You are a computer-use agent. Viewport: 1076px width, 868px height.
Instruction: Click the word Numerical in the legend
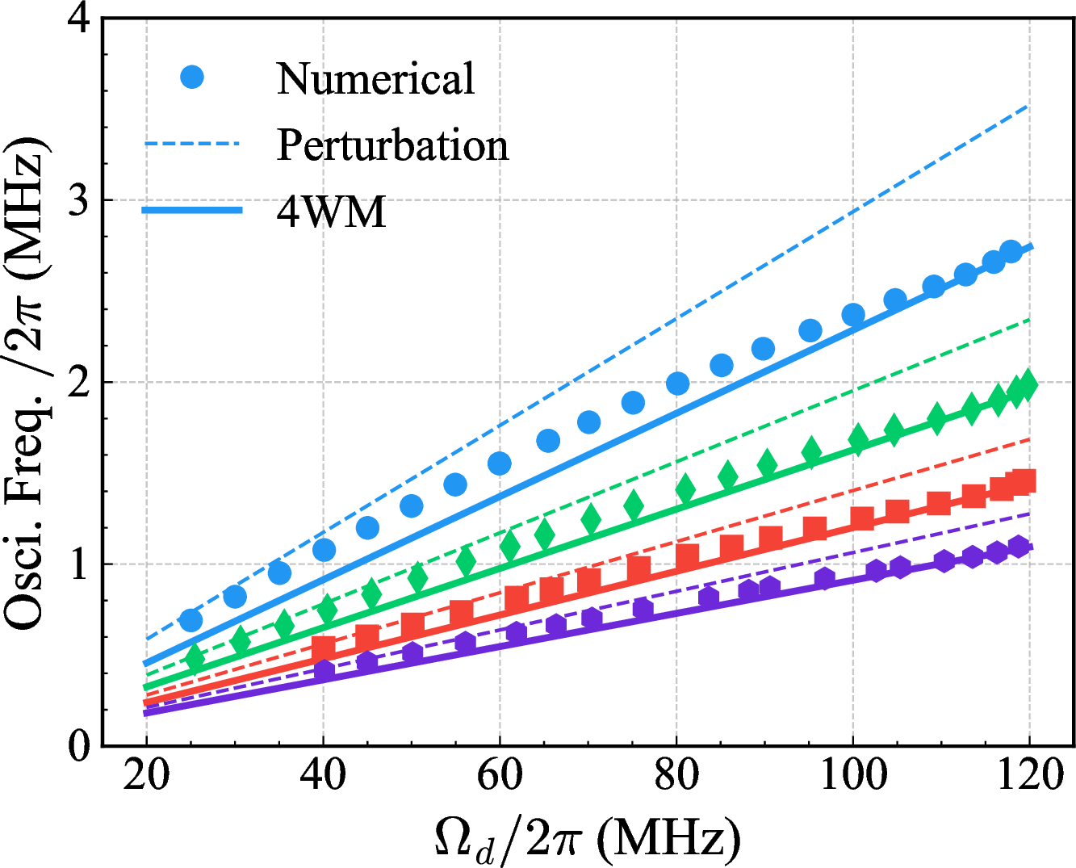pos(375,79)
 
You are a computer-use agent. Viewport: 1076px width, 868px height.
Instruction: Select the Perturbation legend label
pos(392,145)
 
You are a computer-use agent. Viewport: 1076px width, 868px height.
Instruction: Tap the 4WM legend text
pos(331,212)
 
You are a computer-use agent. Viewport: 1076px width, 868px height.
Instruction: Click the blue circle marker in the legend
pos(192,78)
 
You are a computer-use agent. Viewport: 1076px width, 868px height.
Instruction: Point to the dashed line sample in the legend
pos(192,145)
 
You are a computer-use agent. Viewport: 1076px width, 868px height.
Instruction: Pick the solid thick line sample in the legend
pos(192,211)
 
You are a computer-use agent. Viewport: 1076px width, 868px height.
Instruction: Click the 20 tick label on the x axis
pos(146,776)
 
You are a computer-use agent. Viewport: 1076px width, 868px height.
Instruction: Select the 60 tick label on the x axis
pos(500,776)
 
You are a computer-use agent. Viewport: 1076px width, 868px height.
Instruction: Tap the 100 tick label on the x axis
pos(853,776)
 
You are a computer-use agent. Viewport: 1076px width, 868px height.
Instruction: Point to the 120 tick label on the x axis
pos(1030,776)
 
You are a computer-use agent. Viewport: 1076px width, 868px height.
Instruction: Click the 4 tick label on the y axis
pos(78,19)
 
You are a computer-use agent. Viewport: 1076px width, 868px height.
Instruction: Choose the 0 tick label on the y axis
pos(78,746)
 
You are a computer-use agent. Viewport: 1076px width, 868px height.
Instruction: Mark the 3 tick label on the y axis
pos(78,200)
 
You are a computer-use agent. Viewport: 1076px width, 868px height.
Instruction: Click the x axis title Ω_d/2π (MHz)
pos(587,840)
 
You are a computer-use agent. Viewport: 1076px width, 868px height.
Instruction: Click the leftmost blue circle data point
pos(190,620)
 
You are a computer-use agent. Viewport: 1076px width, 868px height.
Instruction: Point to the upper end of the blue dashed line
pos(1028,106)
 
